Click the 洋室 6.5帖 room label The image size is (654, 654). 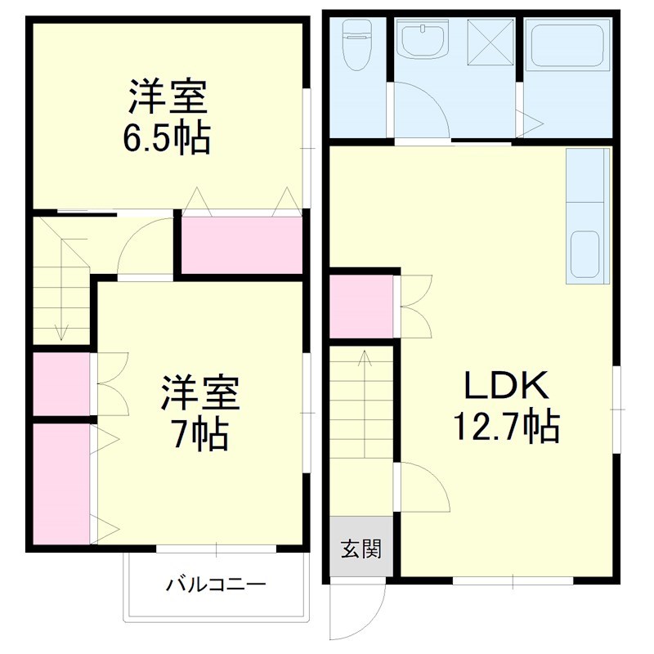[168, 117]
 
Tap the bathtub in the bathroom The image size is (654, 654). [567, 45]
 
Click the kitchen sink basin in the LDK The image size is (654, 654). [586, 254]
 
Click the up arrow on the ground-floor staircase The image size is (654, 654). [364, 360]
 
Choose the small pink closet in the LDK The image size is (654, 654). [361, 307]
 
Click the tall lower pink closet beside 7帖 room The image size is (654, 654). [60, 482]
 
